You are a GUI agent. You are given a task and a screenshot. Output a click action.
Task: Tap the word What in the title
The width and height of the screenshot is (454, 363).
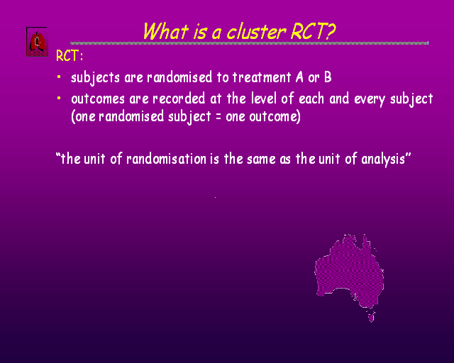[165, 31]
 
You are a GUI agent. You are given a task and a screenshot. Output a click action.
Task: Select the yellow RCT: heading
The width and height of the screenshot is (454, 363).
[70, 55]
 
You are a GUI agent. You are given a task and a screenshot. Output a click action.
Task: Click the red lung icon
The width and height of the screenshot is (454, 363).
[37, 42]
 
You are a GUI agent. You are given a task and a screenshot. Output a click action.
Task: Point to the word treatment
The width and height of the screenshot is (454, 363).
[262, 77]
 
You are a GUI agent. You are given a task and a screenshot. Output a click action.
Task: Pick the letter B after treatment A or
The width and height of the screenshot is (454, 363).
[328, 77]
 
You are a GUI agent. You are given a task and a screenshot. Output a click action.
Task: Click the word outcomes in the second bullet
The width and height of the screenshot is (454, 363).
[98, 99]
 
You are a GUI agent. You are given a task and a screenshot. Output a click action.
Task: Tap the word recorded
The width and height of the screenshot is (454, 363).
[179, 99]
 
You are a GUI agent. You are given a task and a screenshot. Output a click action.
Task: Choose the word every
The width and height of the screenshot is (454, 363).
[370, 99]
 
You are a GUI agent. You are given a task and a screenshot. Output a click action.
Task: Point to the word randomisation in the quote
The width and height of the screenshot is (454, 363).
[166, 159]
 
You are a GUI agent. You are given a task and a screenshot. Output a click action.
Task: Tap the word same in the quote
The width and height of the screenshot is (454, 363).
[262, 160]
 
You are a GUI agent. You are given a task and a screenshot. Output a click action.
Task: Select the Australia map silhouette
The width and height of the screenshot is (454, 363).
[349, 272]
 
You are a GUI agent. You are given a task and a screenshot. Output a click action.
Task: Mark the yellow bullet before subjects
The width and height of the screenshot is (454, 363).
[59, 77]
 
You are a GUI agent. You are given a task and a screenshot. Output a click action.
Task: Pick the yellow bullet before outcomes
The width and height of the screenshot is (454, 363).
[59, 98]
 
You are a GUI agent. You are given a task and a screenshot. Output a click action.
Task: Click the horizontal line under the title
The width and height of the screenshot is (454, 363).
[249, 43]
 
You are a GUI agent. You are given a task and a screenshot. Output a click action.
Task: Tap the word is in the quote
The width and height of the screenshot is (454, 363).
[215, 159]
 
